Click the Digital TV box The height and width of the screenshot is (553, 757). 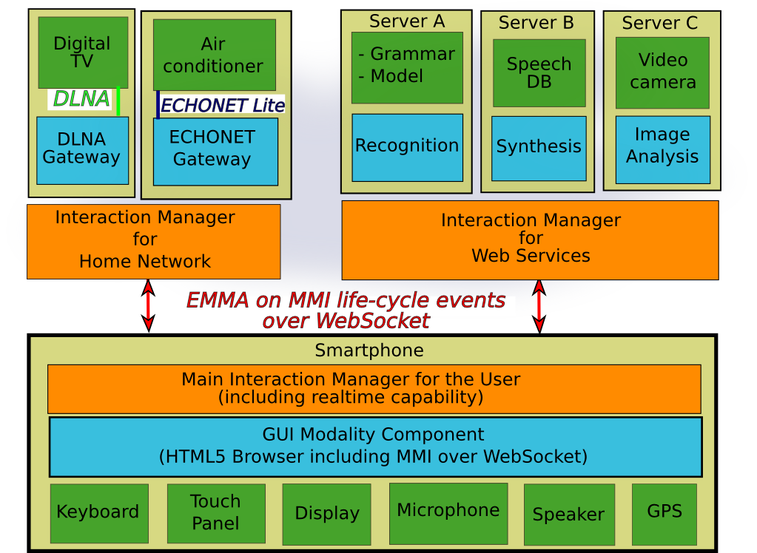[x=83, y=52]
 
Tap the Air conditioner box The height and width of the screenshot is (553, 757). [x=214, y=55]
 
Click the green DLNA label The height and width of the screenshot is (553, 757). [x=81, y=99]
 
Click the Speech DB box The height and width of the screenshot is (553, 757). [x=539, y=73]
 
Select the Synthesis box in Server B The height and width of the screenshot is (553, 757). [x=539, y=148]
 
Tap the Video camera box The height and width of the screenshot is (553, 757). [x=662, y=72]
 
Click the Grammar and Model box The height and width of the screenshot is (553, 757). [x=407, y=67]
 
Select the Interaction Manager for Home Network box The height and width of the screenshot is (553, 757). [x=154, y=241]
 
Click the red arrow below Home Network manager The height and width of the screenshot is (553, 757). [x=149, y=305]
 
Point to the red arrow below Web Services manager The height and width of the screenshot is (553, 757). [x=539, y=305]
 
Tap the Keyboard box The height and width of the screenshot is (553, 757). [x=98, y=513]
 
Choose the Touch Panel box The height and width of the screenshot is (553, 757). [x=216, y=513]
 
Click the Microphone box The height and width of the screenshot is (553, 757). [x=448, y=512]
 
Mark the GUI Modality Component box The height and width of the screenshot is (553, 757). [x=374, y=447]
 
